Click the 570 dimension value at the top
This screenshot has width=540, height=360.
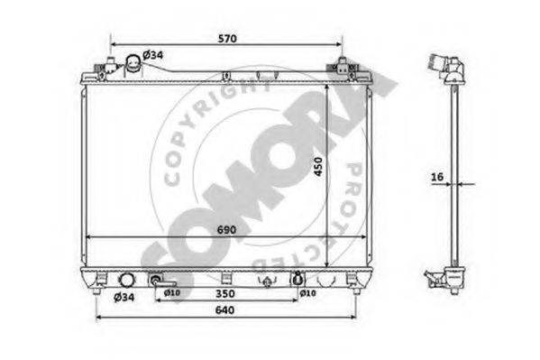[227, 39]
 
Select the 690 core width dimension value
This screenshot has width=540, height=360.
[226, 230]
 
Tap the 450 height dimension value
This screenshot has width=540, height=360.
[318, 167]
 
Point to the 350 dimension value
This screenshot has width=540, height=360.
[225, 293]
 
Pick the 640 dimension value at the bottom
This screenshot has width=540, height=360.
[224, 310]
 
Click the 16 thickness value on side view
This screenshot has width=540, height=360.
[437, 177]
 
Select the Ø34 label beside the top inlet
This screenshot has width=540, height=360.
[153, 55]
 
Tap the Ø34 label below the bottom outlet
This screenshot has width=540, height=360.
[124, 297]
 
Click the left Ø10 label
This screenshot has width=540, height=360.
[172, 293]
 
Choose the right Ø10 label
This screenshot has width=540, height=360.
[307, 293]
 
